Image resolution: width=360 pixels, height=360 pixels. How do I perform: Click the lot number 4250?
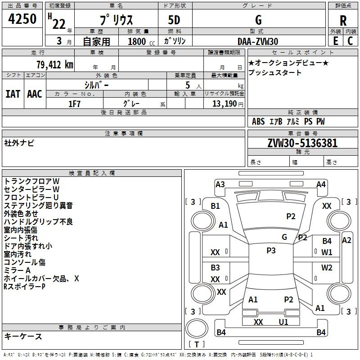pyautogui.click(x=22, y=19)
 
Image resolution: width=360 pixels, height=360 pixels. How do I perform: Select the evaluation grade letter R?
pyautogui.click(x=343, y=21)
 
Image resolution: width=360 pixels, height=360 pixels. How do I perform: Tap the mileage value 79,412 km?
pyautogui.click(x=55, y=65)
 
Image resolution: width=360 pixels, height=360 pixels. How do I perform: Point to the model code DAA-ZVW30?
pyautogui.click(x=258, y=41)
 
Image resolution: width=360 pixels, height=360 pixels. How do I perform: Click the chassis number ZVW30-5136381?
pyautogui.click(x=302, y=143)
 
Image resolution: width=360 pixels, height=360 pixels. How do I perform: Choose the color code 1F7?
pyautogui.click(x=74, y=104)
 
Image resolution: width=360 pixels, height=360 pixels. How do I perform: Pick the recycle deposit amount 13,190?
pyautogui.click(x=224, y=103)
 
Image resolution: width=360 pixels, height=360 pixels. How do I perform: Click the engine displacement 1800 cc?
pyautogui.click(x=141, y=41)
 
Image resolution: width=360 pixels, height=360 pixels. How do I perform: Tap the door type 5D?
pyautogui.click(x=174, y=20)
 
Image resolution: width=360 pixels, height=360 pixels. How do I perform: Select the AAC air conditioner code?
pyautogui.click(x=35, y=94)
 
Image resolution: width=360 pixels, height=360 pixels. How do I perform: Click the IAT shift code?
pyautogui.click(x=13, y=94)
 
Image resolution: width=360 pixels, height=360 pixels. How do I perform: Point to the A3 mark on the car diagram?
pyautogui.click(x=220, y=184)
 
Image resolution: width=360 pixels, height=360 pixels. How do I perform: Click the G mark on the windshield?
pyautogui.click(x=284, y=237)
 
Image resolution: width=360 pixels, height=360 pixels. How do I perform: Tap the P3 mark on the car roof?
pyautogui.click(x=271, y=251)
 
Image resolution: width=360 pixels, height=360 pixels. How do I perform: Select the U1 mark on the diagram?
pyautogui.click(x=283, y=322)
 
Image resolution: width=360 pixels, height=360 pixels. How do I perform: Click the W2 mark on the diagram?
pyautogui.click(x=327, y=267)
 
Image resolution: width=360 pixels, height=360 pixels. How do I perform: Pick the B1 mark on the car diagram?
pyautogui.click(x=215, y=206)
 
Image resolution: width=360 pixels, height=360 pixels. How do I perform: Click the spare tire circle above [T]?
pyautogui.click(x=197, y=328)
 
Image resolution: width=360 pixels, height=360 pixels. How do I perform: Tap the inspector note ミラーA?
pyautogui.click(x=17, y=270)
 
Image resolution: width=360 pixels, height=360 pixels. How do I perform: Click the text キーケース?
pyautogui.click(x=23, y=336)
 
